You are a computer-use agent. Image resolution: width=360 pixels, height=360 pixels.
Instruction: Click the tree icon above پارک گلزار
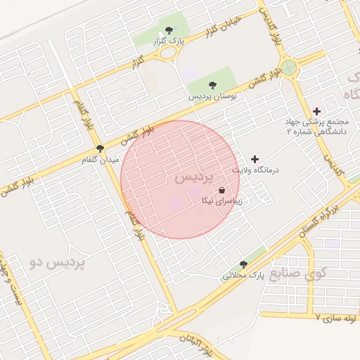[169, 30]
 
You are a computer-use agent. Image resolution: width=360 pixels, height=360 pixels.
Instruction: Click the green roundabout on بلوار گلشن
[288, 68]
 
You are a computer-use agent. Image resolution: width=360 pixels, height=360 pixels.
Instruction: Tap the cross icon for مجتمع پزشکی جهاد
[316, 111]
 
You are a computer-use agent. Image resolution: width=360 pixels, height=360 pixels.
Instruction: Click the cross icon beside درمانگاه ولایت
[255, 160]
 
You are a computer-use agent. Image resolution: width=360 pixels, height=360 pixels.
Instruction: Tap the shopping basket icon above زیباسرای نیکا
[222, 190]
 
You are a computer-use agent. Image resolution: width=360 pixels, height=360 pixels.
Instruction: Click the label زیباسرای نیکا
[222, 201]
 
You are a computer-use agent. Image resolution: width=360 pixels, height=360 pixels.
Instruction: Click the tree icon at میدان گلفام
[100, 148]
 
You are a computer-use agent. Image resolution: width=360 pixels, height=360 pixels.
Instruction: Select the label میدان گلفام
[100, 160]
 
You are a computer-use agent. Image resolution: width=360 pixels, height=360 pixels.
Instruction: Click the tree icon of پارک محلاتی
[243, 264]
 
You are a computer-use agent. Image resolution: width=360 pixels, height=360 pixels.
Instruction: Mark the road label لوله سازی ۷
[337, 319]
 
